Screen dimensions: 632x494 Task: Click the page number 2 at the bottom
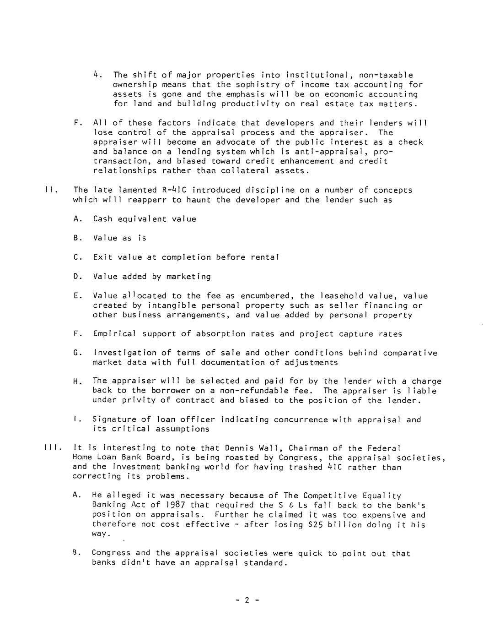(x=247, y=600)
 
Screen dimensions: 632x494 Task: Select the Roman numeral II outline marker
(x=50, y=190)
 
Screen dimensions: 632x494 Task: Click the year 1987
(x=175, y=505)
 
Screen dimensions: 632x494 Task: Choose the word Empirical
(x=114, y=334)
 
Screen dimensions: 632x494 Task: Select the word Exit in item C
(x=102, y=257)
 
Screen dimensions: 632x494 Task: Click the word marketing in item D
(x=188, y=277)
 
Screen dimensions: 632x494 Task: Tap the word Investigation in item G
(x=122, y=353)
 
